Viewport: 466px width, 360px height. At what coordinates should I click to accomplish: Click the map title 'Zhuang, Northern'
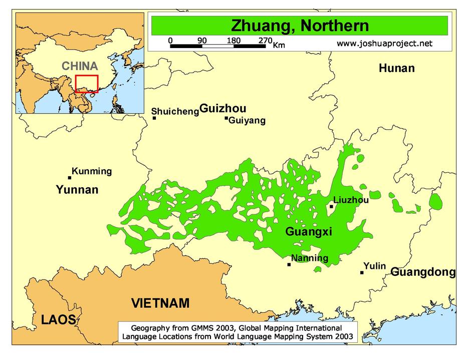tap(299, 26)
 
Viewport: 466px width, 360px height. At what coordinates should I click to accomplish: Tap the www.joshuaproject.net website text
tap(384, 44)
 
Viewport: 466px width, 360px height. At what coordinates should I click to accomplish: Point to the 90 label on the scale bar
tap(202, 41)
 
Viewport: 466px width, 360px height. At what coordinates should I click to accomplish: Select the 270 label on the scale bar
tap(265, 41)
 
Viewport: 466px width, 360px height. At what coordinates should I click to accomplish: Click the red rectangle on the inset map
tap(87, 84)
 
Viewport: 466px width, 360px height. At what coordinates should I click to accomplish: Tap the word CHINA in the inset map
tap(80, 66)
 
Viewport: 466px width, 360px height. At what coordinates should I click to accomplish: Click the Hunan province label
tap(396, 69)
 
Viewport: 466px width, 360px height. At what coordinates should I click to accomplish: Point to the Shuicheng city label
tap(175, 111)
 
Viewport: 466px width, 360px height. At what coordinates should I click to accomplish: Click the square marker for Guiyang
tap(226, 118)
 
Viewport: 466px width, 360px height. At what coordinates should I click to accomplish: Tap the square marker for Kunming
tap(70, 177)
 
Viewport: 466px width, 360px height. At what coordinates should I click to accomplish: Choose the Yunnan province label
tap(77, 190)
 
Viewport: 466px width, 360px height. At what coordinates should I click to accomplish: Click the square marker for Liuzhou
tap(331, 206)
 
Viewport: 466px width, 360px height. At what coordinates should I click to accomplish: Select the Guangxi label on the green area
tap(309, 231)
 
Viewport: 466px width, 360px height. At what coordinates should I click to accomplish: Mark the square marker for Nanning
tap(289, 264)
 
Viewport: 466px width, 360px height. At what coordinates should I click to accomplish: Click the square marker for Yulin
tap(362, 272)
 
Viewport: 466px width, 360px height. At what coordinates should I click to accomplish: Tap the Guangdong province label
tap(423, 272)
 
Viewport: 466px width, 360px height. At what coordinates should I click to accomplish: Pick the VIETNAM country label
tap(160, 303)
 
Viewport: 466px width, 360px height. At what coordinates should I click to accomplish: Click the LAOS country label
tap(59, 320)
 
